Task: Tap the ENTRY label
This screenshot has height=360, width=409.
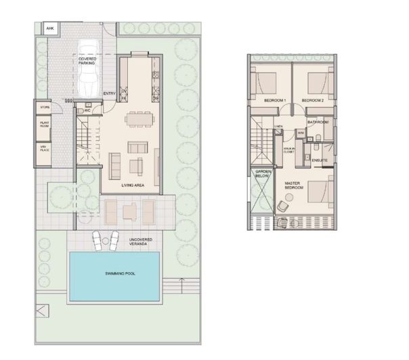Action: click(108, 94)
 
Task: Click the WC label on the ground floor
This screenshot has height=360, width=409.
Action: click(87, 110)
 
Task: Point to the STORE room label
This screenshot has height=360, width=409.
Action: click(45, 107)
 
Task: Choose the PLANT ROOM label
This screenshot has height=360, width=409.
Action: click(45, 125)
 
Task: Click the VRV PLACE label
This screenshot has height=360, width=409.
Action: click(45, 148)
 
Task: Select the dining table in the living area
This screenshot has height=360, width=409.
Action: click(137, 120)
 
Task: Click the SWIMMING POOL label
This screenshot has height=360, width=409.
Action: click(114, 273)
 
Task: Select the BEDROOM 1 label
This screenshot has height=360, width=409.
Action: click(275, 101)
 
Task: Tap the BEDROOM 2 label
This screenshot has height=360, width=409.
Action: click(312, 101)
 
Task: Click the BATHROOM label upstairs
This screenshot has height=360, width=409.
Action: click(318, 122)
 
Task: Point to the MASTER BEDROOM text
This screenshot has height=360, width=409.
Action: click(293, 185)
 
